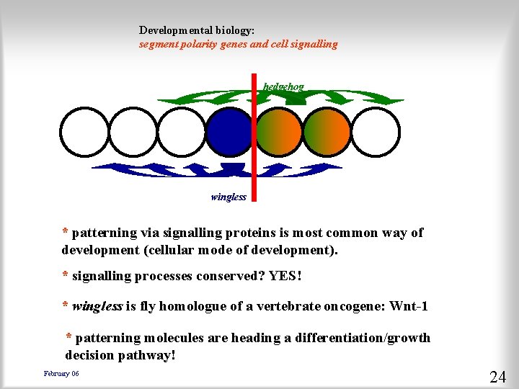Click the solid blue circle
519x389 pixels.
point(229,132)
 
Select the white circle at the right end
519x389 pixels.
point(376,132)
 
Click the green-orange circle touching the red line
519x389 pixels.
point(278,132)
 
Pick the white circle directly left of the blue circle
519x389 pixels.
point(180,132)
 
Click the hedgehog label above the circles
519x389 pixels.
point(283,86)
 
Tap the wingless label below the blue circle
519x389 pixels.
point(229,197)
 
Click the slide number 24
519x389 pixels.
point(497,377)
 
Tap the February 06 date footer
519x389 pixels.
point(61,373)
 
